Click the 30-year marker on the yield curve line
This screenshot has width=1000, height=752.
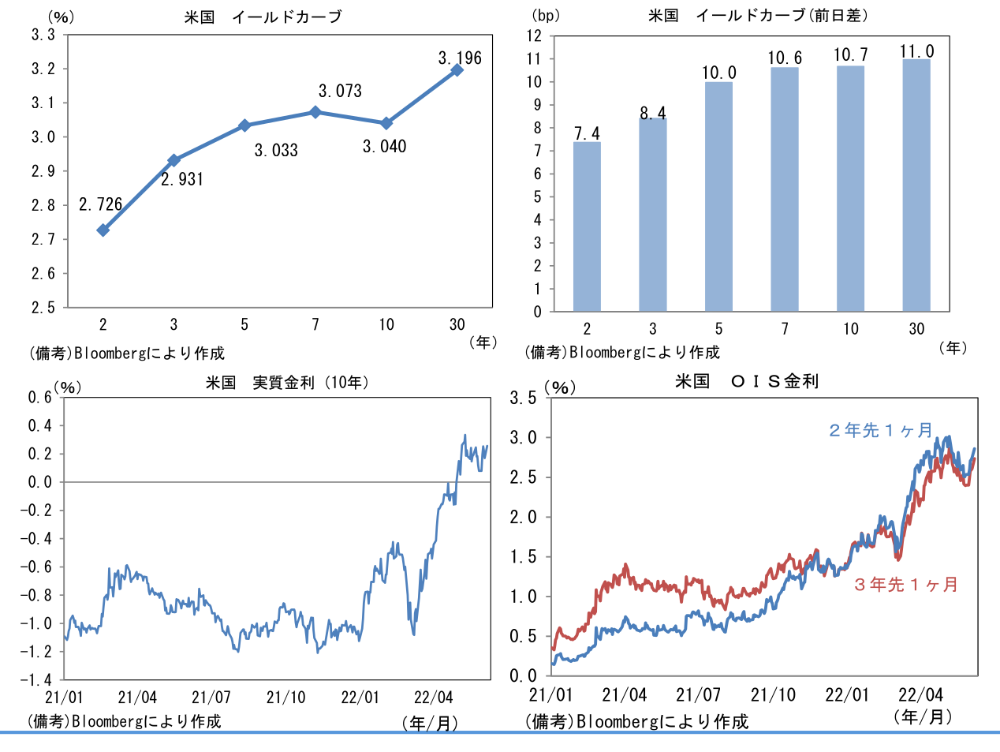point(457,70)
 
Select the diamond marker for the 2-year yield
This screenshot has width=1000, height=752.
point(103,230)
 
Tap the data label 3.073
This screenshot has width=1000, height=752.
point(340,92)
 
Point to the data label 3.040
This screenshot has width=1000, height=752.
point(384,147)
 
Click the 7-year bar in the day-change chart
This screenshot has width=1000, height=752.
point(785,189)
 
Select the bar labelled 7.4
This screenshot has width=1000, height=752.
point(587,226)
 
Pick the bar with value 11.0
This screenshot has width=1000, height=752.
point(916,185)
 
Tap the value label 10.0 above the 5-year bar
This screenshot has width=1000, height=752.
point(719,73)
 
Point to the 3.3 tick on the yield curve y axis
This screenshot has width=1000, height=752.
point(43,35)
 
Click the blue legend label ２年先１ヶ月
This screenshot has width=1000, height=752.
point(880,430)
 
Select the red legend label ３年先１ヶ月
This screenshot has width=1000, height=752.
point(905,585)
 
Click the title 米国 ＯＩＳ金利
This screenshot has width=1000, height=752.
point(747,382)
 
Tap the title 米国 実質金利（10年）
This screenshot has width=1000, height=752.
point(288,383)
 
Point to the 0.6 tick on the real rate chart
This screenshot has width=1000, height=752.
point(40,397)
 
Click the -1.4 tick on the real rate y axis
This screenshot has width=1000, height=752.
point(36,679)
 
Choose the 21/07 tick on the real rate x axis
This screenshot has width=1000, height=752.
point(211,698)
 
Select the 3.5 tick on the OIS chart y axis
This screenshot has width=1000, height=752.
point(523,398)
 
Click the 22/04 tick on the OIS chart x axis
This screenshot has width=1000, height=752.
point(920,695)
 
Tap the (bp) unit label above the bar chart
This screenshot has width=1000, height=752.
point(545,16)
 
